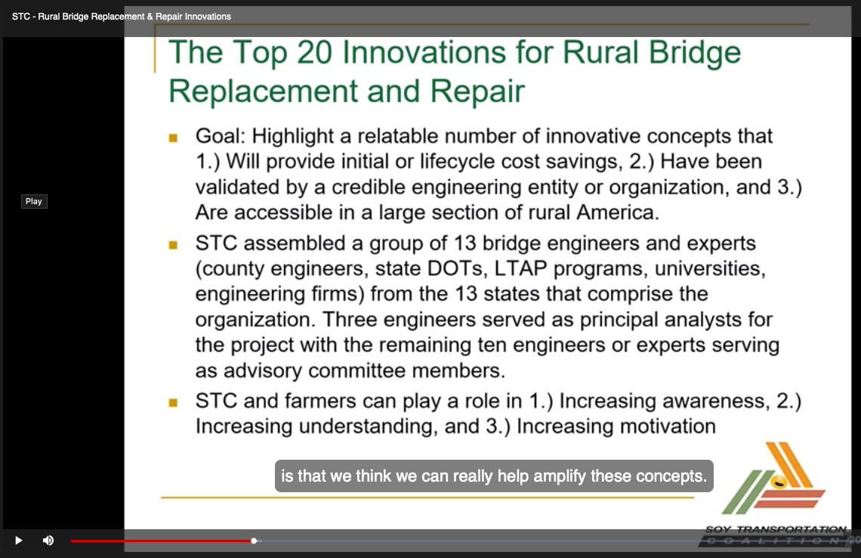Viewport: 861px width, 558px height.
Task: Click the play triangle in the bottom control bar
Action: coord(19,541)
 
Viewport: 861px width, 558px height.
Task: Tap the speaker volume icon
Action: coord(48,541)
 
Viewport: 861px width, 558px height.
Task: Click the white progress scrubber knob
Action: coord(254,541)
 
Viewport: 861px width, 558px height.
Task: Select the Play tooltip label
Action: coord(34,201)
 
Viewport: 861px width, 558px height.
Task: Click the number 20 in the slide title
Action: coord(315,52)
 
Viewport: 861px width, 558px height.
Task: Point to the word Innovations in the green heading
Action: coord(424,52)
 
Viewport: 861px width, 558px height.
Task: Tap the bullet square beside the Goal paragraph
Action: coord(173,138)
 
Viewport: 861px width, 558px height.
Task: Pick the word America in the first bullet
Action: coord(618,212)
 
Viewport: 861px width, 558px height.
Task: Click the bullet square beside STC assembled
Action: coord(173,245)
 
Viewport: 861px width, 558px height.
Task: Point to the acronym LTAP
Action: coord(520,268)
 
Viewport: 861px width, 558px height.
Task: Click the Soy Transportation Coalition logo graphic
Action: coord(773,479)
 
